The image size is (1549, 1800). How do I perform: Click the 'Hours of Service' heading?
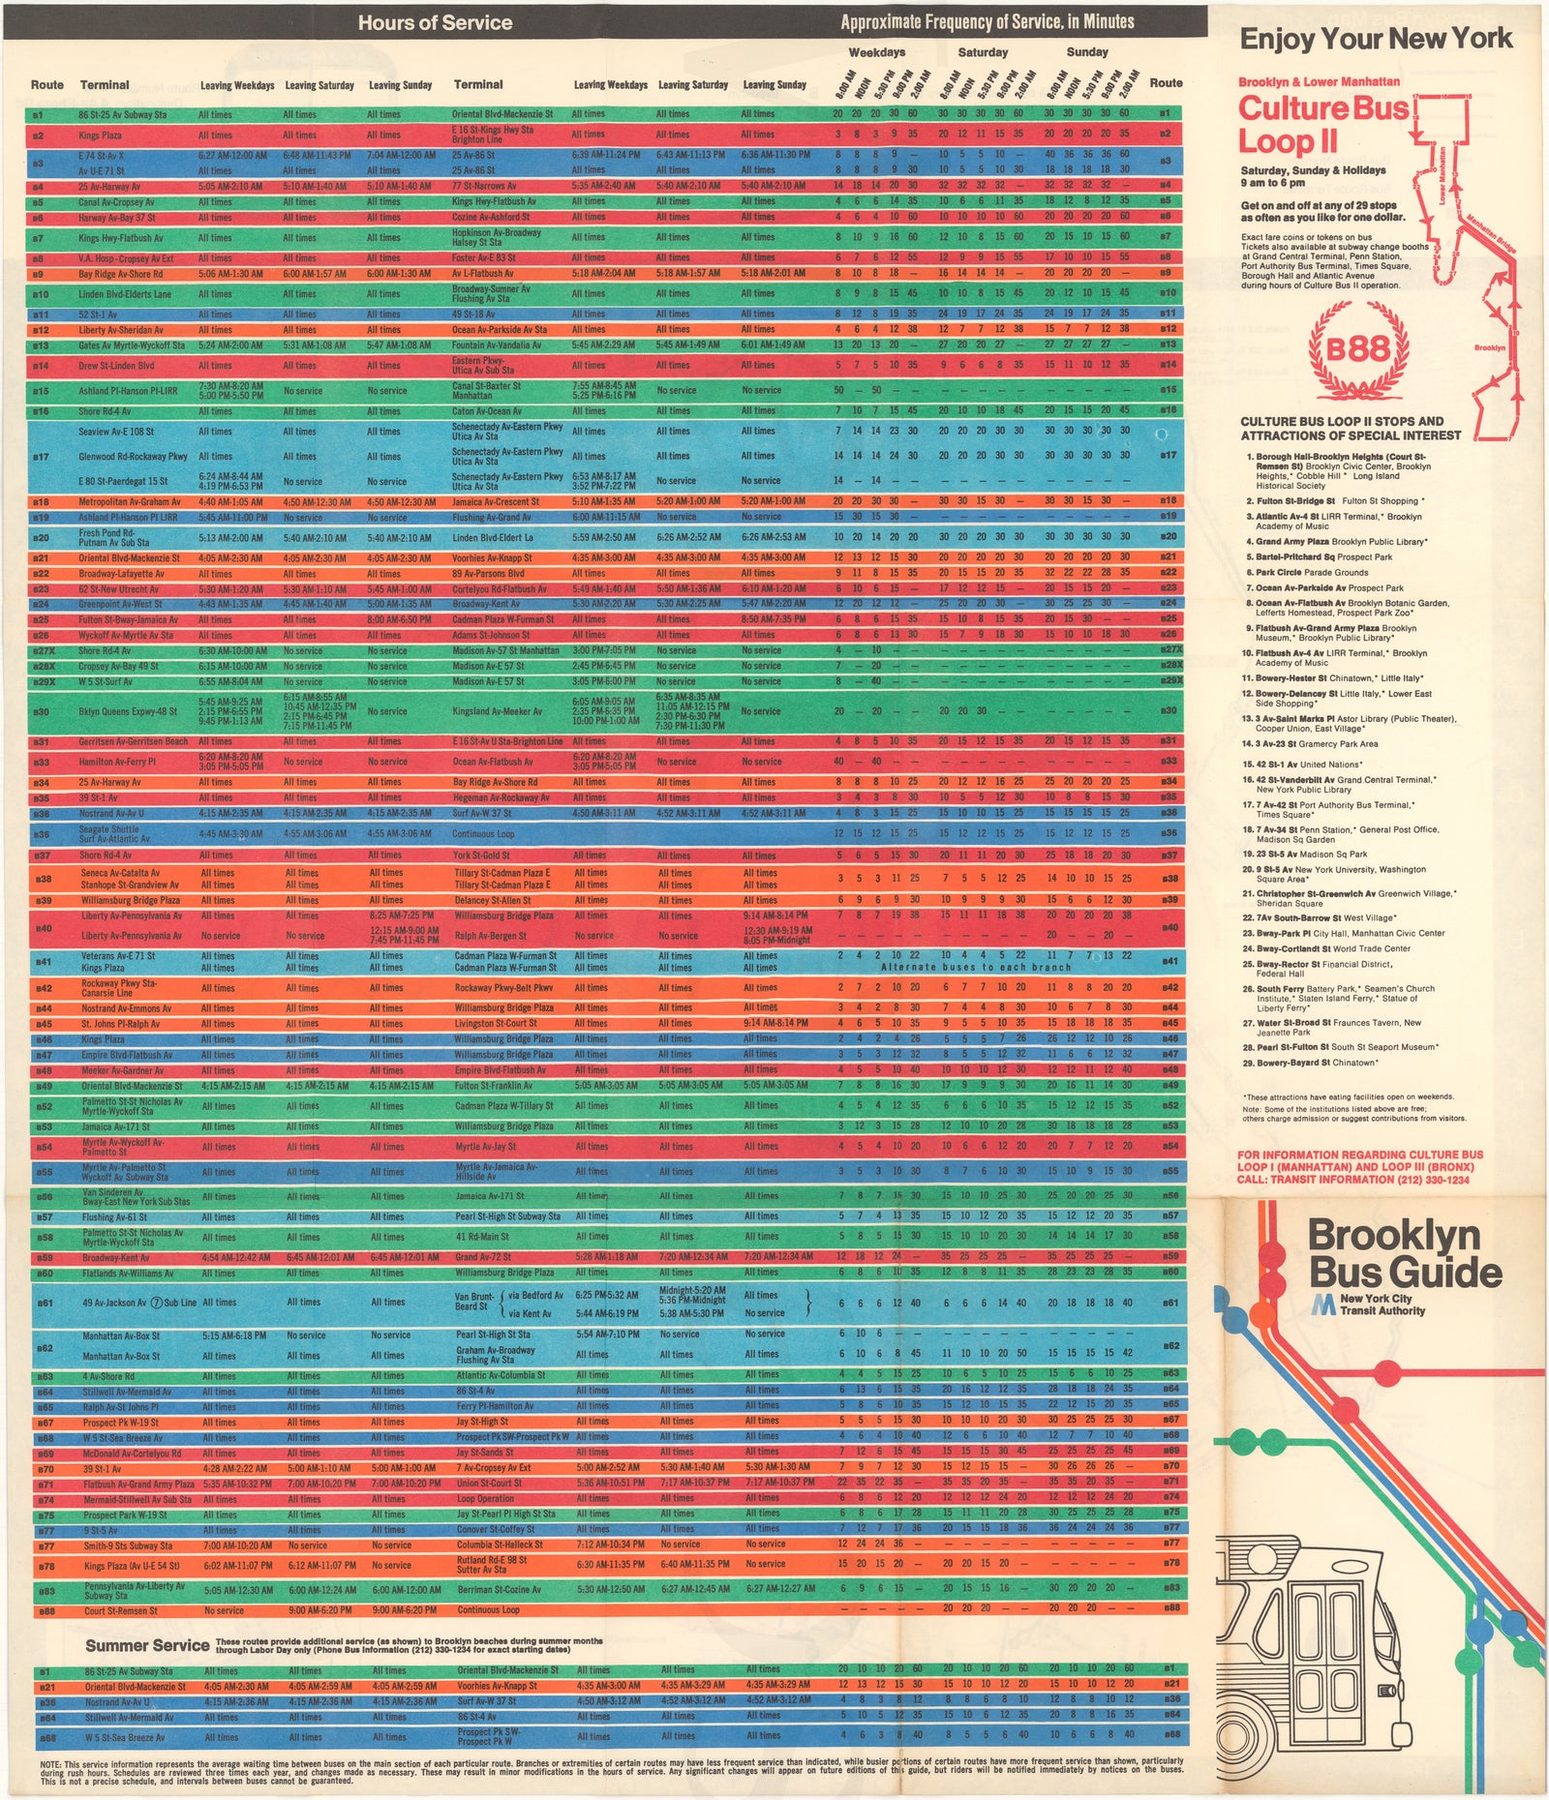[x=435, y=22]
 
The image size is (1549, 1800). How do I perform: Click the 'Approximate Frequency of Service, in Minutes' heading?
[x=987, y=22]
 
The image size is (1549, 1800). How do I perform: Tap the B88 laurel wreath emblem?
[x=1357, y=349]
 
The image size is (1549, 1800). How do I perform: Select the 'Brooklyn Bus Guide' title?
[x=1404, y=1254]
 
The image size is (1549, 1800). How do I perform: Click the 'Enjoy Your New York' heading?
[x=1376, y=39]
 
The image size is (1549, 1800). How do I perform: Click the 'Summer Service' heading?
[x=147, y=1644]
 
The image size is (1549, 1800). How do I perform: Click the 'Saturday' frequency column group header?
[x=983, y=52]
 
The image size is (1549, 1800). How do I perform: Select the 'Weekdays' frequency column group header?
[x=876, y=52]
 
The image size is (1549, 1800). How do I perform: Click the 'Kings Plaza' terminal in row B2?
[x=101, y=135]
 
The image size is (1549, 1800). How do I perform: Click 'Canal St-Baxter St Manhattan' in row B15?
[x=487, y=390]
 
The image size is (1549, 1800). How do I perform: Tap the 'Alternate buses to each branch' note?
[x=976, y=967]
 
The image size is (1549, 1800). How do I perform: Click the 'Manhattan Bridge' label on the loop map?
[x=1490, y=233]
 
